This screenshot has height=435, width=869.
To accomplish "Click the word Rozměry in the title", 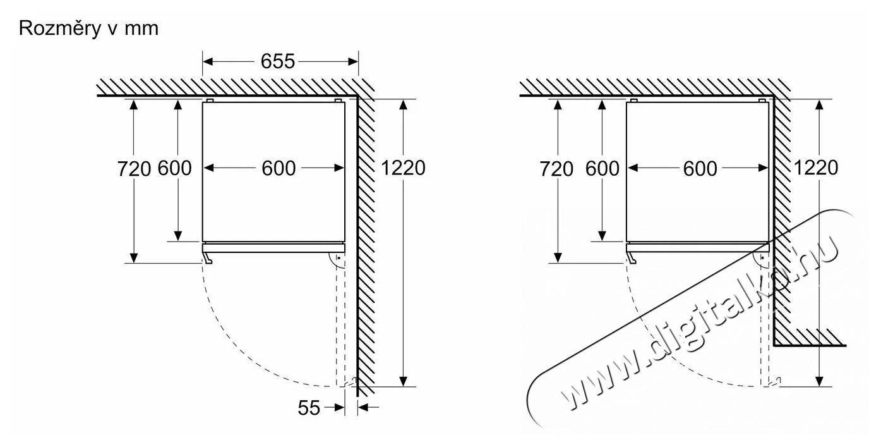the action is pyautogui.click(x=58, y=28).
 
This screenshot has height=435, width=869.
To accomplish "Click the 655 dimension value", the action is pyautogui.click(x=278, y=61).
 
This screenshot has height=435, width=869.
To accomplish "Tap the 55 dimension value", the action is pyautogui.click(x=309, y=408).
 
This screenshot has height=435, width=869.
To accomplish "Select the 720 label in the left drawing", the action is pyautogui.click(x=135, y=169).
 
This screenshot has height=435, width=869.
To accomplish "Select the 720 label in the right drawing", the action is pyautogui.click(x=556, y=169).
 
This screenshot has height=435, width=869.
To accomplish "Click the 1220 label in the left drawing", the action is pyautogui.click(x=403, y=168).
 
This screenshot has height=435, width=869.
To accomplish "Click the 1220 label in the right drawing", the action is pyautogui.click(x=816, y=168).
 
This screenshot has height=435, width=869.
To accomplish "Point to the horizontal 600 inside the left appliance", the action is pyautogui.click(x=279, y=169).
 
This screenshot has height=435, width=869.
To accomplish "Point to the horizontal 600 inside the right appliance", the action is pyautogui.click(x=700, y=169).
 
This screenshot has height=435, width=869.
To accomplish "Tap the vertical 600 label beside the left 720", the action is pyautogui.click(x=174, y=169).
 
